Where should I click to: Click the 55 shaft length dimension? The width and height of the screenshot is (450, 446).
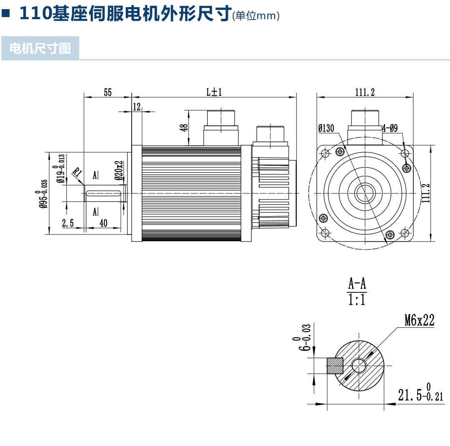(x=107, y=92)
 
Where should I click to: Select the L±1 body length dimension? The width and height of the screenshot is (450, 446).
(x=214, y=92)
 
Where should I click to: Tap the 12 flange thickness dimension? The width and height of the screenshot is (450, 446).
(x=137, y=107)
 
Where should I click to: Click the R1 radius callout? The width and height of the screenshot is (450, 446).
(x=77, y=173)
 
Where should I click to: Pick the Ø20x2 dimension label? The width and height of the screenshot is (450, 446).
(x=119, y=171)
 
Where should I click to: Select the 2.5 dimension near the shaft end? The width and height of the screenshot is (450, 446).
(x=68, y=223)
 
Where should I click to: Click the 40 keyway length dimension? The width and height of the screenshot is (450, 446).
(x=103, y=223)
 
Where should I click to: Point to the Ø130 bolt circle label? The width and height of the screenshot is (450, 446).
(x=326, y=128)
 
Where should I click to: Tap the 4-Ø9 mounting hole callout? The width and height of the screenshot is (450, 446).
(x=390, y=128)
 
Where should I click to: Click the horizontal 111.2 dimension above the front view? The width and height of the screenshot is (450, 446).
(x=365, y=92)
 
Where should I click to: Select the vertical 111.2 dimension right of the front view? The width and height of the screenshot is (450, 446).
(x=425, y=193)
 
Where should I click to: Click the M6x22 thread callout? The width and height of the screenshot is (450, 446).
(x=419, y=320)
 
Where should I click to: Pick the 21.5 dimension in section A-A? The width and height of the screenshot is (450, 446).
(x=420, y=394)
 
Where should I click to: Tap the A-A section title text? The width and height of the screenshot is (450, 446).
(x=357, y=284)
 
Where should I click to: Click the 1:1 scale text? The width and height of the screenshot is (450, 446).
(x=357, y=300)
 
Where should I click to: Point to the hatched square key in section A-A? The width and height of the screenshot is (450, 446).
(x=335, y=366)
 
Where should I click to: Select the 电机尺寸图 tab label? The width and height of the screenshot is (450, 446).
(x=40, y=48)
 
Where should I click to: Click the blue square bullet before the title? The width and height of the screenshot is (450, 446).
(x=6, y=13)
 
